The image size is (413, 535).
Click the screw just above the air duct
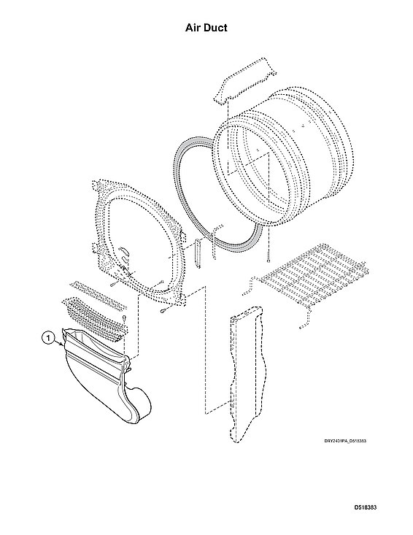tap(125, 320)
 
